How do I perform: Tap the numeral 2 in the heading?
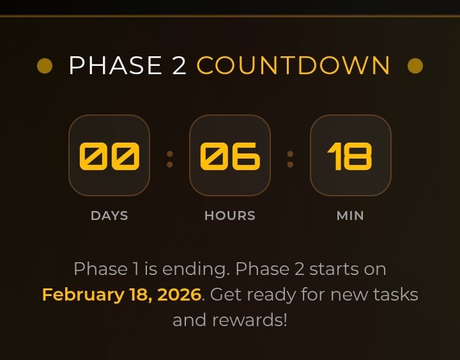tap(179, 66)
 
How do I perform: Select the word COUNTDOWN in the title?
tap(293, 66)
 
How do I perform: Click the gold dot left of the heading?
tap(45, 66)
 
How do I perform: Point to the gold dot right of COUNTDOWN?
tap(415, 66)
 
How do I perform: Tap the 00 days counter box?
tap(109, 155)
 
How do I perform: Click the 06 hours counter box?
tap(230, 155)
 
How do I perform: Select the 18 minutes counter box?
tap(350, 155)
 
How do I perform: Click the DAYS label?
tap(109, 216)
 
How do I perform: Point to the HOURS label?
tap(230, 216)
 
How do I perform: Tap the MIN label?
tap(350, 216)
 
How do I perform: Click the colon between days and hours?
tap(170, 159)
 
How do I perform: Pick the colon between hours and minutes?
tap(290, 159)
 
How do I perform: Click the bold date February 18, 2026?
tap(121, 295)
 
